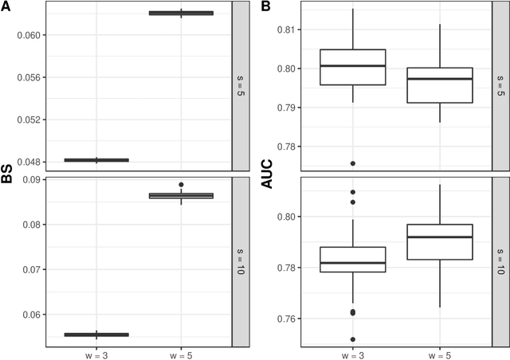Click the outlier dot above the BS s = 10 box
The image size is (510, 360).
(181, 185)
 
